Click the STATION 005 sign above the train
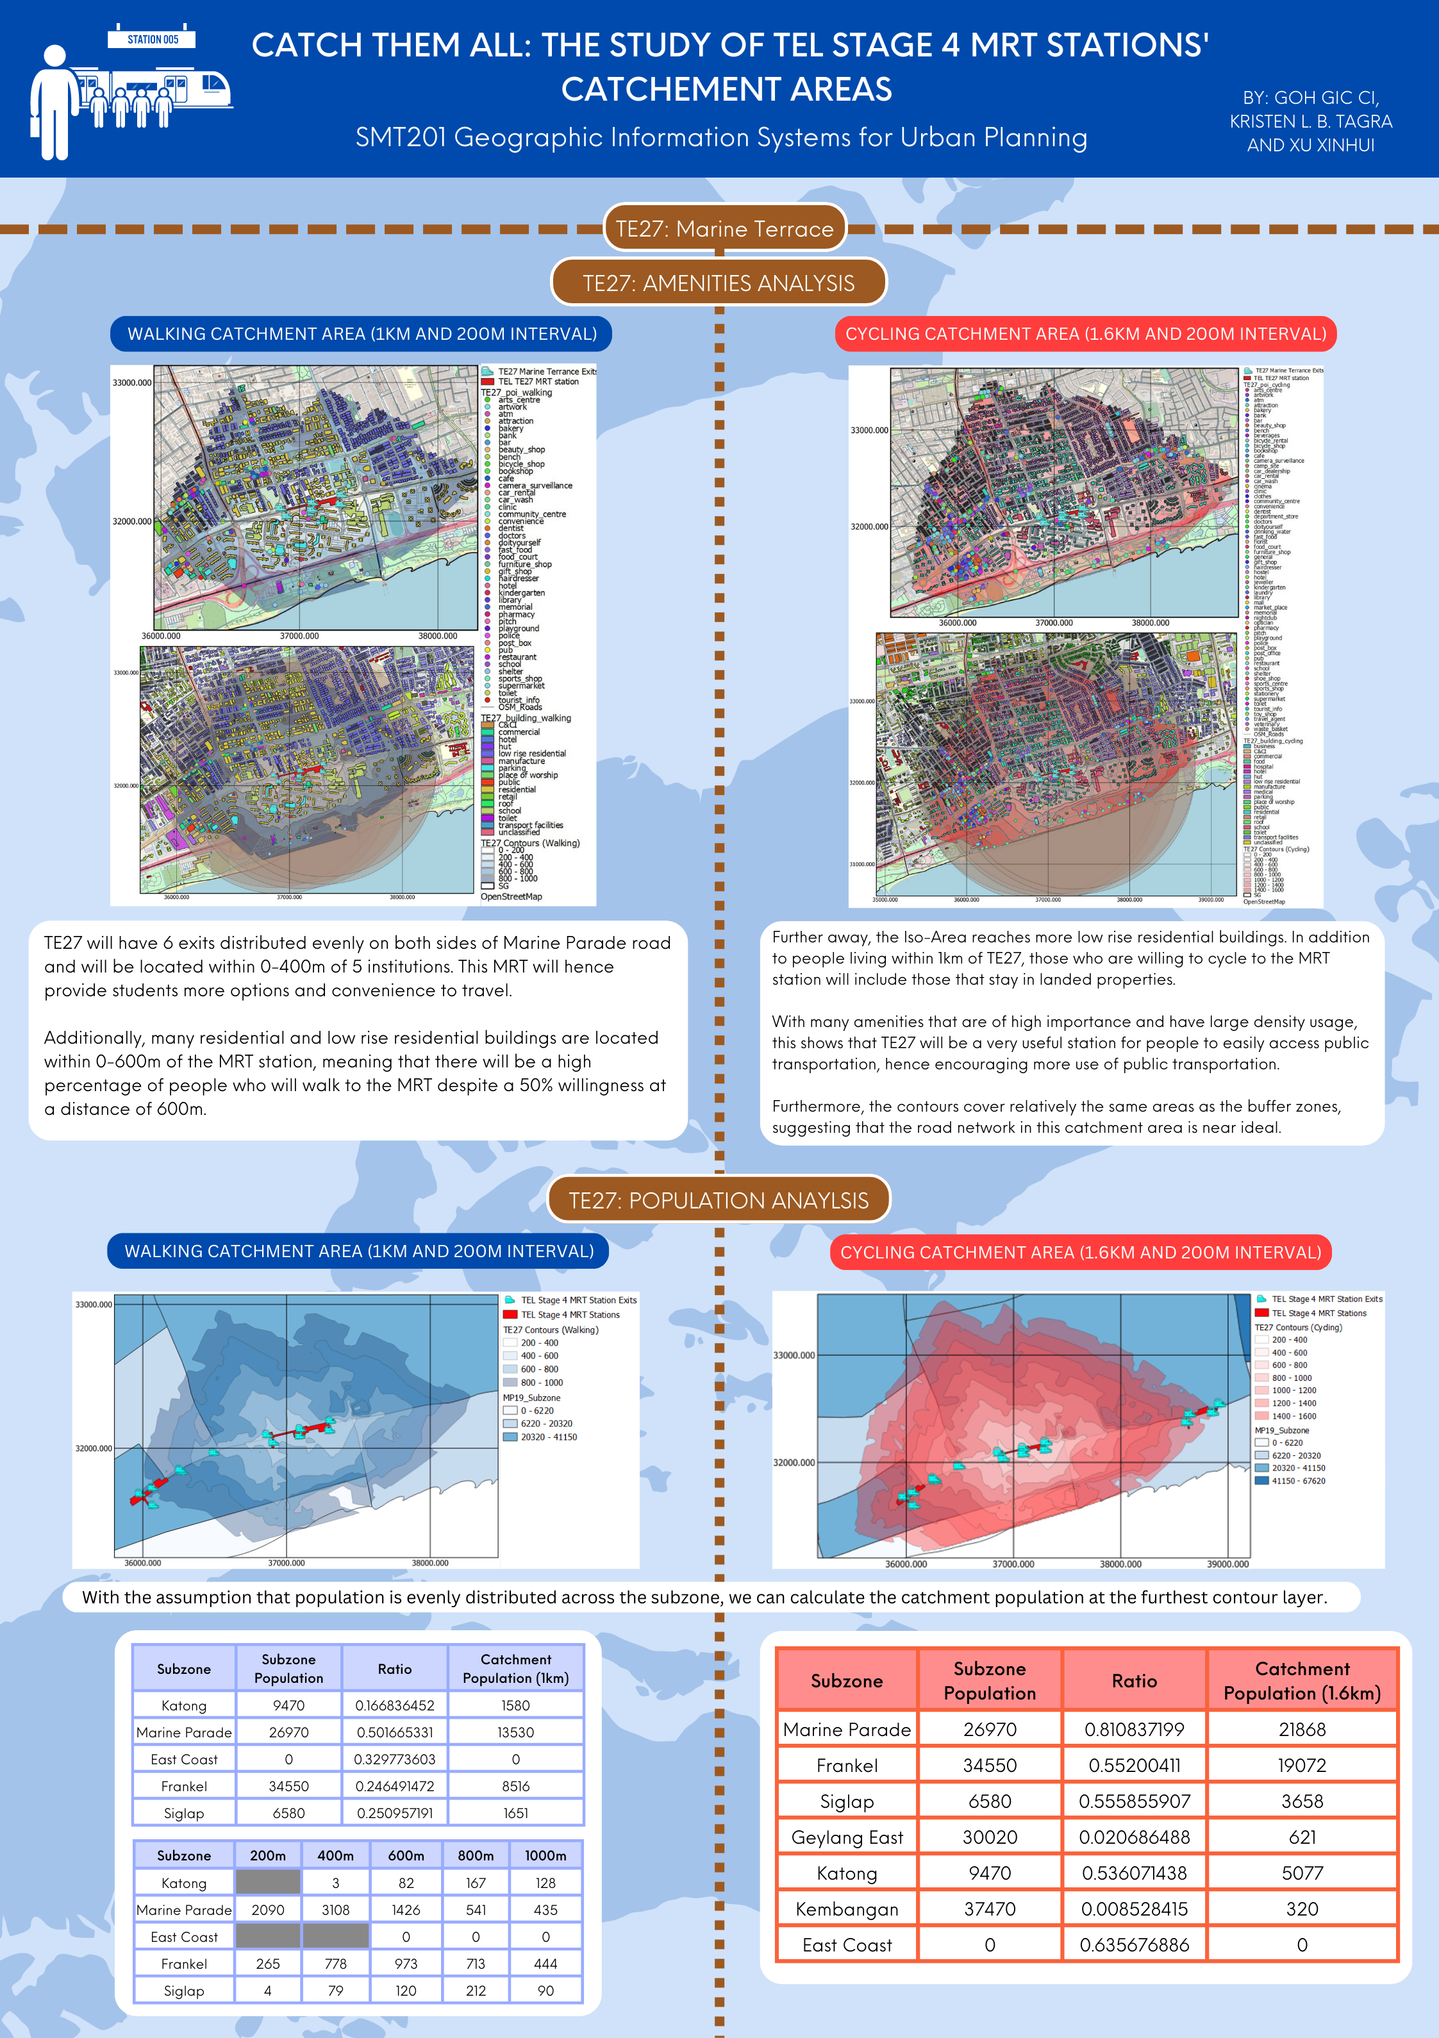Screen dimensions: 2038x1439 (152, 39)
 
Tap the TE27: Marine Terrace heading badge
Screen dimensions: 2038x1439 (724, 229)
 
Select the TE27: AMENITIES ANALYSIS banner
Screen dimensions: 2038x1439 (718, 283)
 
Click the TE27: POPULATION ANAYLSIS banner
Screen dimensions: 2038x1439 (718, 1200)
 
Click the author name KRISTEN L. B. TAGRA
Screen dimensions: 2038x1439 (1310, 122)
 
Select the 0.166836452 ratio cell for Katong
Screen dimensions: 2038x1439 (394, 1705)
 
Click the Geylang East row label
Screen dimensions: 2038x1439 (847, 1837)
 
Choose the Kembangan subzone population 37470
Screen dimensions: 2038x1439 (989, 1909)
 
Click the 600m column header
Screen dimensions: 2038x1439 (406, 1855)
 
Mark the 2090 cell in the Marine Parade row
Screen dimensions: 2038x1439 (267, 1909)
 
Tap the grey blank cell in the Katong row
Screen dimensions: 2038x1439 (267, 1882)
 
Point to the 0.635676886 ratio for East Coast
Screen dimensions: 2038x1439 (1134, 1945)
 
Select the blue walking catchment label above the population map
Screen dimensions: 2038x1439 (359, 1251)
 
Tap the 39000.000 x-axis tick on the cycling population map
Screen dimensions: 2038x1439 (1227, 1564)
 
